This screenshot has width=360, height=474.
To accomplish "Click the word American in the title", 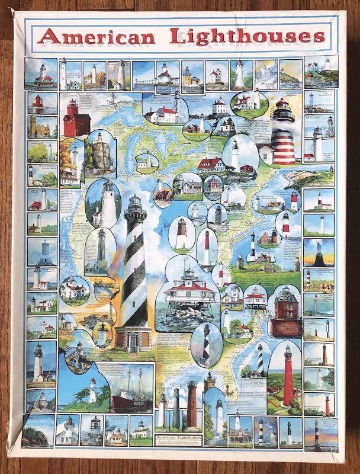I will coord(97,37).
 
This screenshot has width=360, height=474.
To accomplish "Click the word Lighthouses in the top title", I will coord(247,36).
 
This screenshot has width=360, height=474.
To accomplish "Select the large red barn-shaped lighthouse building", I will coord(75,120).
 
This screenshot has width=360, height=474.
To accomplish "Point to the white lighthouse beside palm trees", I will coord(92,391).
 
